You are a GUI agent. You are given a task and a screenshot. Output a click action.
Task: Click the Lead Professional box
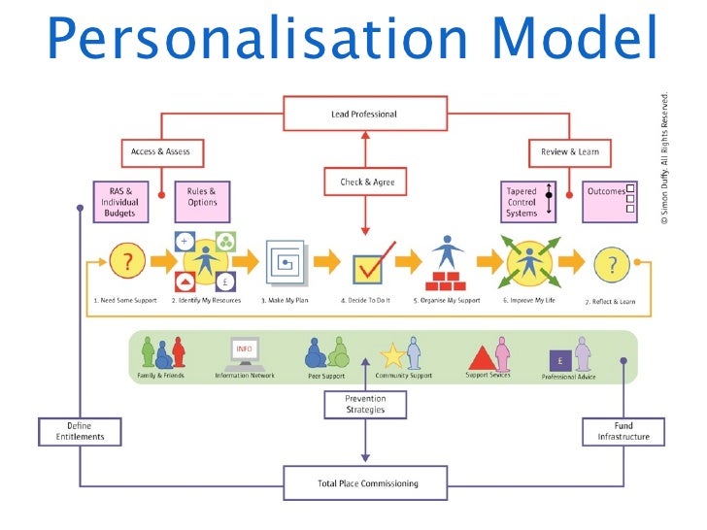point(364,114)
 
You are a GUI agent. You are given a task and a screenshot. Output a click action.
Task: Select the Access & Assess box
point(160,152)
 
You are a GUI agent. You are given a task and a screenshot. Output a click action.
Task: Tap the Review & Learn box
point(569,152)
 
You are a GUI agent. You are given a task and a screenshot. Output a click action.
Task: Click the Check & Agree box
point(365,182)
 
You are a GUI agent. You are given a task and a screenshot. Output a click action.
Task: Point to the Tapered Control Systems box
point(528,202)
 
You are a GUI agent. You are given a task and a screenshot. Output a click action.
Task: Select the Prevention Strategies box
point(365,404)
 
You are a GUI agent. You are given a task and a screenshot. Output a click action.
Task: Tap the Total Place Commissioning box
point(365,481)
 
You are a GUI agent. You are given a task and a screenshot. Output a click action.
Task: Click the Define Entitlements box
point(80,431)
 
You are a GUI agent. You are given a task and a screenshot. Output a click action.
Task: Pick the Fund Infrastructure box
point(623,431)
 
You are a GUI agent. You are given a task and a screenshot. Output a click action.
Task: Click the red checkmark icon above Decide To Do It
point(373,263)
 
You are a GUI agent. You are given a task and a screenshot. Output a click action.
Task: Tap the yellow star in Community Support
point(393,355)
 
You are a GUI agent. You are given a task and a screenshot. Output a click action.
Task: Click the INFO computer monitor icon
point(244,351)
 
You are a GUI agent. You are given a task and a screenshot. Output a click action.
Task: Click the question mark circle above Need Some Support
point(126,263)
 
